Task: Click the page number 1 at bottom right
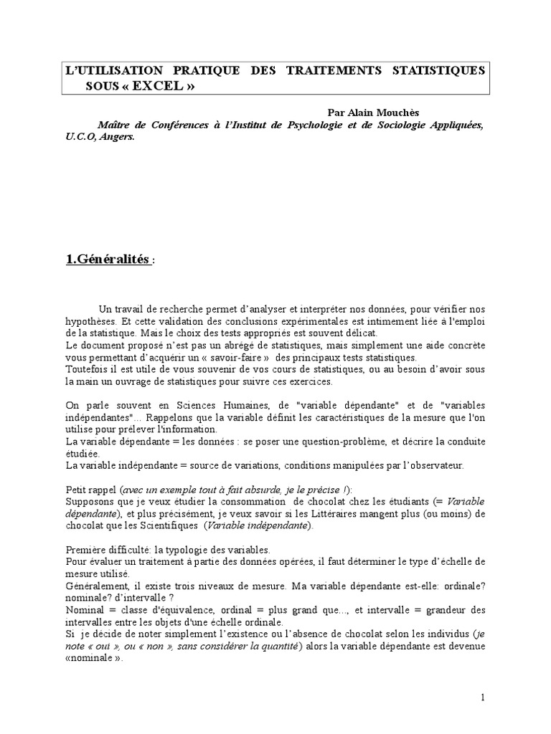pyautogui.click(x=483, y=697)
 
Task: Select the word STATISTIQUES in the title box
pyautogui.click(x=438, y=71)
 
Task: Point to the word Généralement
pyautogui.click(x=97, y=586)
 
